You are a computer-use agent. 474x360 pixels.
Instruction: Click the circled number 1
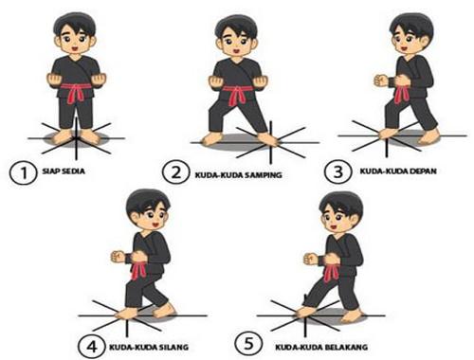click(x=24, y=172)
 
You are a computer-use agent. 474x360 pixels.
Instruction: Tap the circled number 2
click(x=176, y=172)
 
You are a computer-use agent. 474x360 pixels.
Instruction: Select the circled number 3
click(x=338, y=171)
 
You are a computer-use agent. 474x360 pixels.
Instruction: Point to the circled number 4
click(x=92, y=347)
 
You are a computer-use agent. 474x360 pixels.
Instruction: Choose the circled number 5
click(x=248, y=343)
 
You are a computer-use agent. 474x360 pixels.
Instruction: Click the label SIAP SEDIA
click(x=64, y=171)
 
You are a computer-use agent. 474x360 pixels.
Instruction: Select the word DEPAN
click(x=424, y=171)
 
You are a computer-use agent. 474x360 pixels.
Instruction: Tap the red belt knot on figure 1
click(x=76, y=92)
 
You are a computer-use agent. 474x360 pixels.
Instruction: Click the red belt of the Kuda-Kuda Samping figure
click(x=238, y=94)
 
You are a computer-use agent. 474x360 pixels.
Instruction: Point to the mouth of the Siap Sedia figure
click(x=75, y=49)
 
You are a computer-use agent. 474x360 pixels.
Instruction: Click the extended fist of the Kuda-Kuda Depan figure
click(x=381, y=81)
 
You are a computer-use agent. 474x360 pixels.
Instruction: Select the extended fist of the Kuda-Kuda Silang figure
click(x=118, y=257)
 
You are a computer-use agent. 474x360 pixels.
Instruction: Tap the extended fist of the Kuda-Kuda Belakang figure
click(x=311, y=259)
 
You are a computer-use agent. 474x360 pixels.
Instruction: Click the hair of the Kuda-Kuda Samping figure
click(x=237, y=27)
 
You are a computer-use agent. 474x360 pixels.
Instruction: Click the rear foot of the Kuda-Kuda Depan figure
click(x=428, y=137)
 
